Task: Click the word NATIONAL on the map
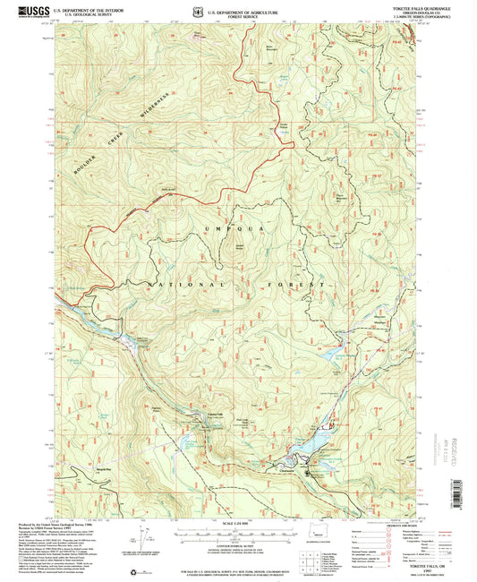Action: (x=180, y=283)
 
